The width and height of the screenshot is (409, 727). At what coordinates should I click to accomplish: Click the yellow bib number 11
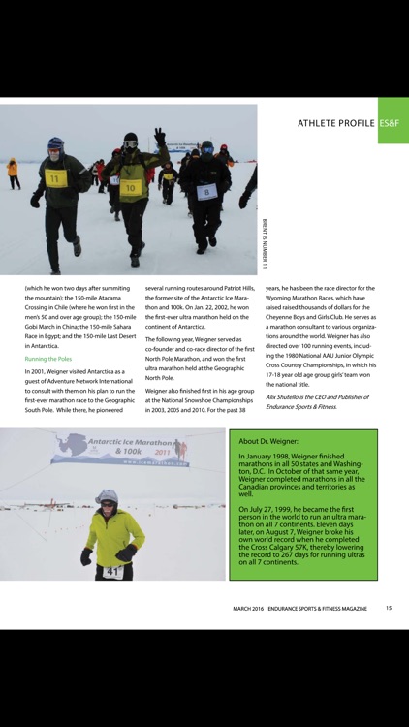54,179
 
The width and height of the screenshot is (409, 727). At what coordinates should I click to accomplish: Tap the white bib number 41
111,571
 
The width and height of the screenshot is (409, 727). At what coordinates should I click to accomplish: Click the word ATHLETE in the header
321,123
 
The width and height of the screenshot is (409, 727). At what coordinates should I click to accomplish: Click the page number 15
388,608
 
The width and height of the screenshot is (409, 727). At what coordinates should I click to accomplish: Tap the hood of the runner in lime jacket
107,499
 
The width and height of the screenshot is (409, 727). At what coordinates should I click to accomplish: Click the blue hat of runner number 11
55,143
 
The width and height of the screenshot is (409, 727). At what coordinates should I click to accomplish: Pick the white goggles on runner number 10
130,143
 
